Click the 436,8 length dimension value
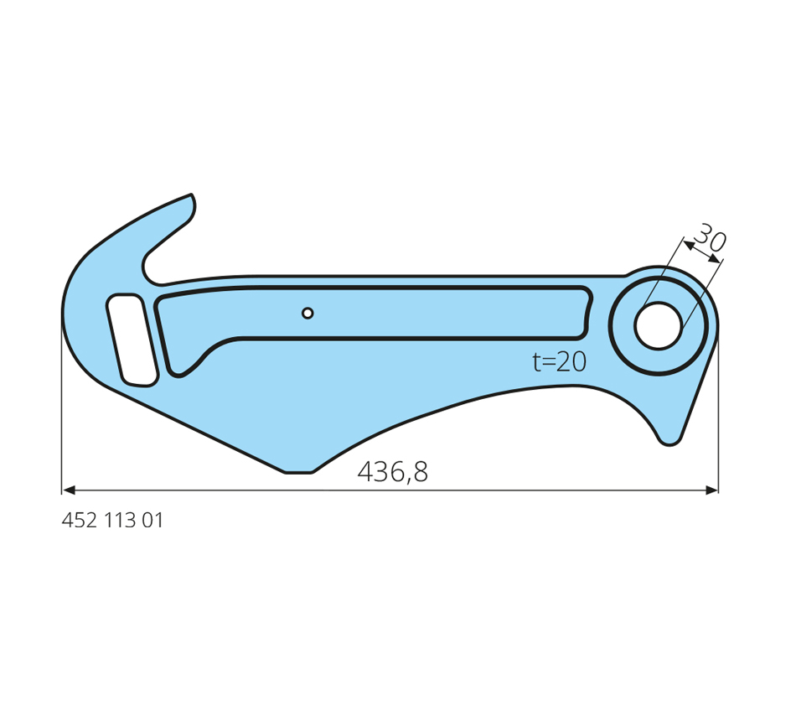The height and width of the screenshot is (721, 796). [393, 471]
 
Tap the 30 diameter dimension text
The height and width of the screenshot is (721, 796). [711, 237]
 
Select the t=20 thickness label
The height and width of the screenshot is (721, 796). [560, 362]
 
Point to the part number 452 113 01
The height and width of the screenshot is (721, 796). [112, 521]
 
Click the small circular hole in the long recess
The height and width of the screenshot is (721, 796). [308, 313]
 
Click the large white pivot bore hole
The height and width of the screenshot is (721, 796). [658, 325]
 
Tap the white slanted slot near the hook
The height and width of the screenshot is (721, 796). [132, 340]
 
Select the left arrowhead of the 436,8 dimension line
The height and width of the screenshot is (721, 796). [68, 490]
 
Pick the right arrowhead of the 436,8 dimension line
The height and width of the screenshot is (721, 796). [711, 490]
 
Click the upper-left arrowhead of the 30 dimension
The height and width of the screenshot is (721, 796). [689, 246]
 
